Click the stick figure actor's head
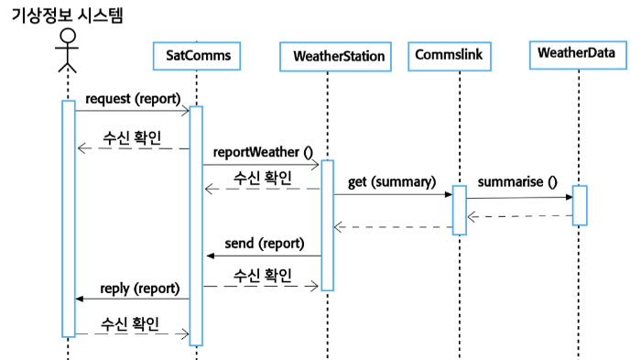66,38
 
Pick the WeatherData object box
575,55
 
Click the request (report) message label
132,98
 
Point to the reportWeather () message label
263,151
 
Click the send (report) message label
265,244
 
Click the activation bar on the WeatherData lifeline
579,205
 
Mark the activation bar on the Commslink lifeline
459,210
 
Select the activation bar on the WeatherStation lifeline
328,224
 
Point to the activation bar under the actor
68,218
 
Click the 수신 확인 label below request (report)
131,137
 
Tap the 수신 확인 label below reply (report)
130,323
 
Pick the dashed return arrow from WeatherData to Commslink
519,216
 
